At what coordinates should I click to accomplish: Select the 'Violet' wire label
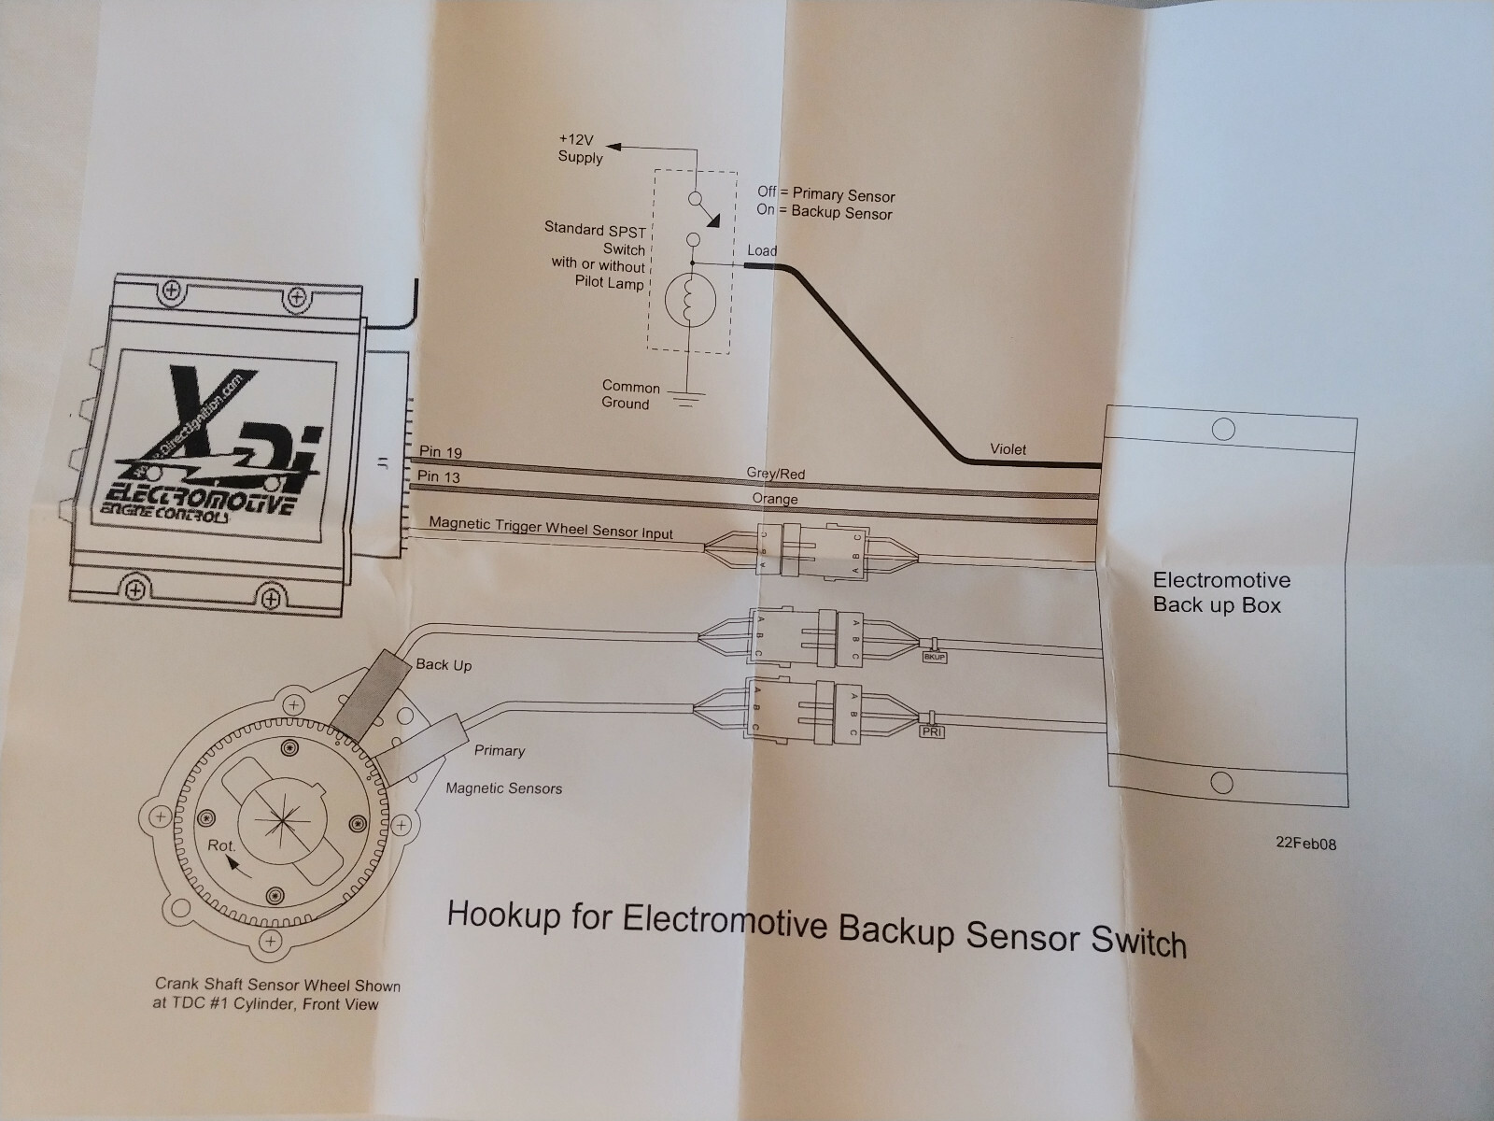pos(1008,449)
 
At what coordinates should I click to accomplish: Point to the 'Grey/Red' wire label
pos(776,474)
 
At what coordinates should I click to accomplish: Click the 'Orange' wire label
pos(775,499)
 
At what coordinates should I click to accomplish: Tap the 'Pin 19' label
pos(440,452)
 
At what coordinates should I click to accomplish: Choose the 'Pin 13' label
pos(439,477)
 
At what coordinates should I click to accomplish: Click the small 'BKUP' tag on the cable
pos(934,658)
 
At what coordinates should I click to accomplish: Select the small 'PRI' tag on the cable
pos(932,732)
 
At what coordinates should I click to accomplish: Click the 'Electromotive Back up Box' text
pos(1221,592)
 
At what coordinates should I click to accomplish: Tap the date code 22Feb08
pos(1306,844)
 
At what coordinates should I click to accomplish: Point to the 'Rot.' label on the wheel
pos(221,845)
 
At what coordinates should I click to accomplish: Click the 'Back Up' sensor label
pos(444,665)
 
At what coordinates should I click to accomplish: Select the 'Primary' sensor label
pos(500,750)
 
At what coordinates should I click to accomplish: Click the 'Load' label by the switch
pos(762,250)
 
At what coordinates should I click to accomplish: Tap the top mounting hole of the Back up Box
pos(1222,430)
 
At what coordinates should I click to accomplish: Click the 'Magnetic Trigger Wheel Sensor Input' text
pos(551,528)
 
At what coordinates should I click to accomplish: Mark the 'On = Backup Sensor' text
pos(825,212)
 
